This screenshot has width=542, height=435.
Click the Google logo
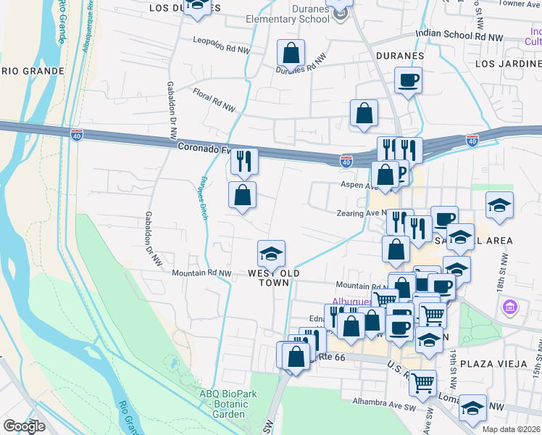tap(24, 426)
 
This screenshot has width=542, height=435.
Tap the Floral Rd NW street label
tap(214, 100)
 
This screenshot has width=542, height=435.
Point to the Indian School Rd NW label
tap(459, 35)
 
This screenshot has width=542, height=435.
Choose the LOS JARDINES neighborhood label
tap(508, 64)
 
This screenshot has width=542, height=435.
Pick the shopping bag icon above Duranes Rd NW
tap(291, 53)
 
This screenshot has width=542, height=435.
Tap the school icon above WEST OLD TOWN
tap(271, 253)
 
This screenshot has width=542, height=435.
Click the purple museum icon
tap(509, 307)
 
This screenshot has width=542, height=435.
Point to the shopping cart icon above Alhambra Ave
tap(422, 381)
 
